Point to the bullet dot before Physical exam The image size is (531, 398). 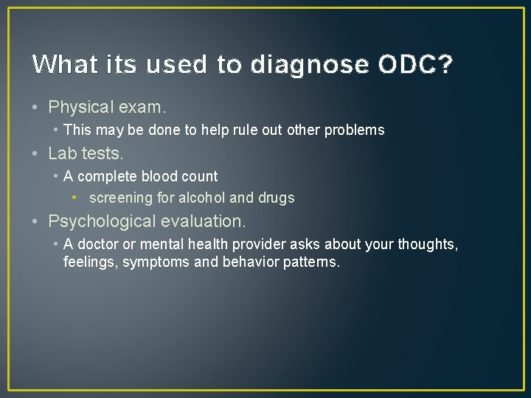pos(36,108)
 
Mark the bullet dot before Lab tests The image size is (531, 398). pos(36,153)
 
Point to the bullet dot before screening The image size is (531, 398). pos(77,198)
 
